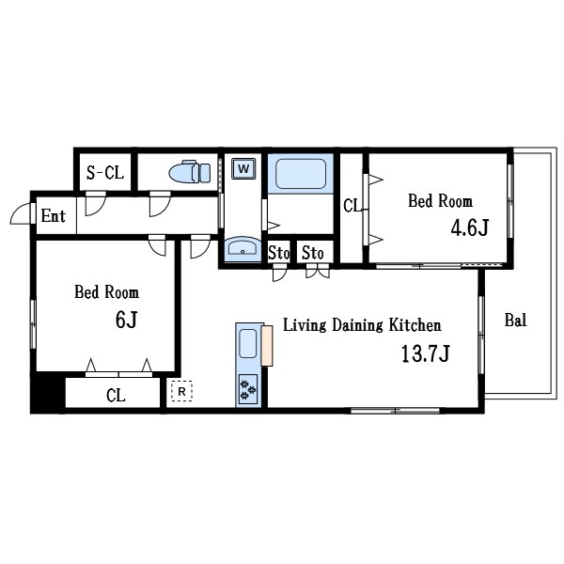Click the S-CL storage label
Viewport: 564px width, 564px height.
(x=104, y=172)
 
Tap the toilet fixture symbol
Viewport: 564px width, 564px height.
(x=189, y=173)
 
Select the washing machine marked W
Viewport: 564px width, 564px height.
(x=243, y=169)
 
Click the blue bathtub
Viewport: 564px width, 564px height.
(x=299, y=174)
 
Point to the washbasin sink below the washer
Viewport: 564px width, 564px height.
(x=243, y=249)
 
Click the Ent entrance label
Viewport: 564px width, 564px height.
(x=54, y=216)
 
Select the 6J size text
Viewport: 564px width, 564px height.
(x=127, y=320)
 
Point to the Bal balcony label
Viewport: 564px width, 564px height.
(x=515, y=320)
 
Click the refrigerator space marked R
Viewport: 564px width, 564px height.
(x=180, y=391)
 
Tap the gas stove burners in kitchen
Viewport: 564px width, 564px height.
(x=249, y=388)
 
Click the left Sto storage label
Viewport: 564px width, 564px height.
(x=278, y=253)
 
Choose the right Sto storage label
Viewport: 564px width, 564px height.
(x=312, y=253)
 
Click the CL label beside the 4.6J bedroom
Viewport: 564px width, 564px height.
(x=351, y=205)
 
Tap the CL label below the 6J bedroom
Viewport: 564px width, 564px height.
(x=116, y=396)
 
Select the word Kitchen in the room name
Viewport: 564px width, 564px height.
(x=411, y=326)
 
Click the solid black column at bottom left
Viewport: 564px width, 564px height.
(x=44, y=392)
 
